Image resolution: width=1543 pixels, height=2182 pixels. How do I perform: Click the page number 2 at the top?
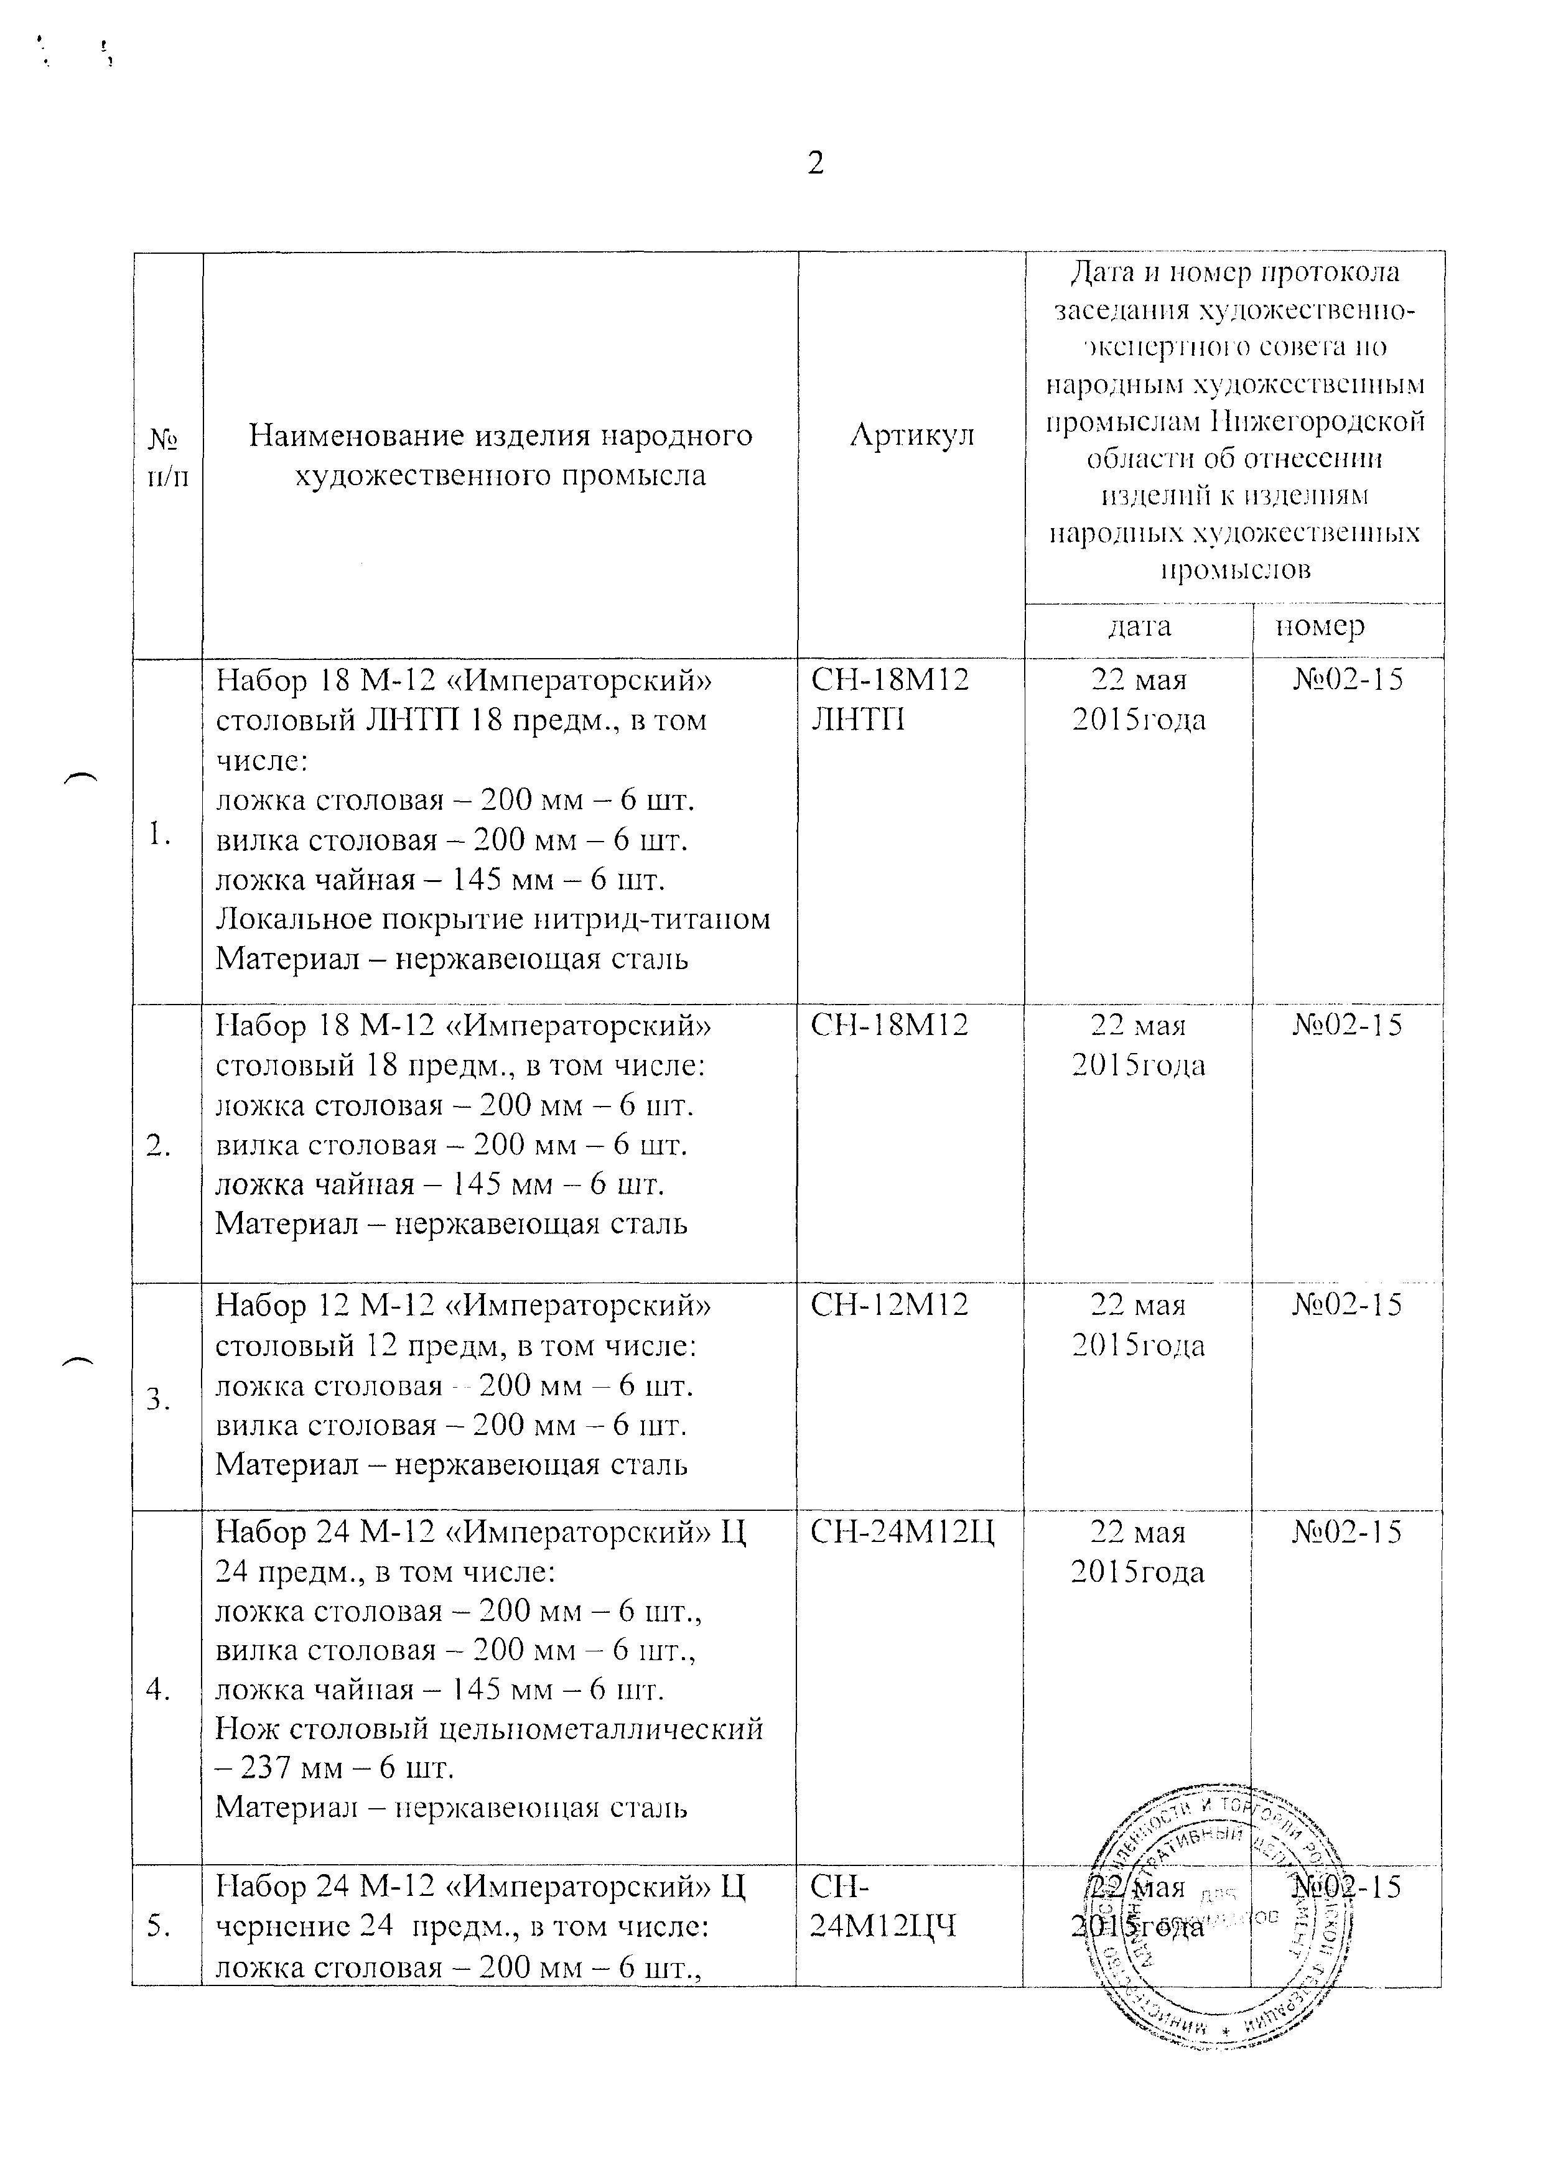[815, 164]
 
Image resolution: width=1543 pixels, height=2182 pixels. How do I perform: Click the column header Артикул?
[911, 435]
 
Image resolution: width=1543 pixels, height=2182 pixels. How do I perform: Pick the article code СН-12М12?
[889, 1305]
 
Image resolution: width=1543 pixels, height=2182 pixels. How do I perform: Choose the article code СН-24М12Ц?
[902, 1532]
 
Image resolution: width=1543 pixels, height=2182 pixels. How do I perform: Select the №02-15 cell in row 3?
[1346, 1305]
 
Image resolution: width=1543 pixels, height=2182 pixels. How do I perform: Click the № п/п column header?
[167, 456]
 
